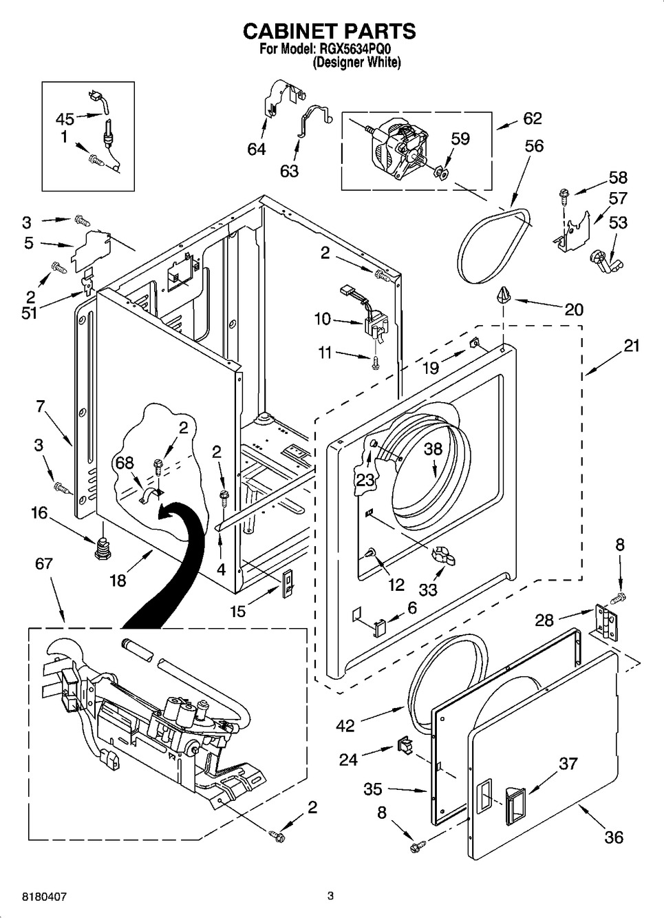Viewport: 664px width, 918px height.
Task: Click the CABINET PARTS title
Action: click(330, 31)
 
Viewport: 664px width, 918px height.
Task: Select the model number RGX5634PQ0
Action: click(359, 50)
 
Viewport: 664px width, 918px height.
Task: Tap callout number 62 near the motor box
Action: click(532, 118)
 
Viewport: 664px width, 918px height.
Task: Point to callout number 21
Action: click(632, 346)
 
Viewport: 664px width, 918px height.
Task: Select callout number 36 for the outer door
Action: click(613, 837)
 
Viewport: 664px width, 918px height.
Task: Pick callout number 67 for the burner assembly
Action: click(43, 564)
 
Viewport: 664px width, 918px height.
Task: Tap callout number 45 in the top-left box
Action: click(65, 119)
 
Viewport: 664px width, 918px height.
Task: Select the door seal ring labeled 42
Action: click(447, 661)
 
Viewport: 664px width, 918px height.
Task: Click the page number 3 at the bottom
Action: click(330, 896)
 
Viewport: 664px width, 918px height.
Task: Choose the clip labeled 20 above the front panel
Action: click(503, 296)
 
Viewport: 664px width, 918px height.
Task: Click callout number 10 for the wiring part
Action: click(322, 319)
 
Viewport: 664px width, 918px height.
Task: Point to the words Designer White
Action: click(356, 63)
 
